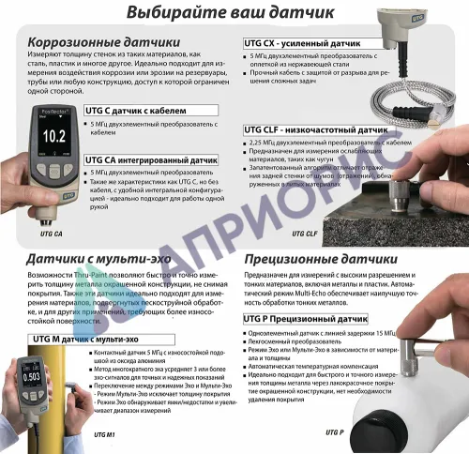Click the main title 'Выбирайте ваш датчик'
(x=234, y=14)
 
